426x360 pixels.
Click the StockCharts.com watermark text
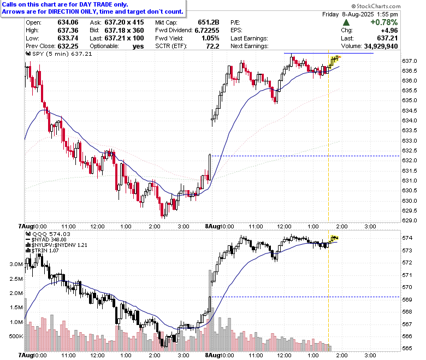pyautogui.click(x=376, y=6)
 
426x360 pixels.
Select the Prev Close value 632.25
pyautogui.click(x=68, y=46)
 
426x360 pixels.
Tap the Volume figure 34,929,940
pyautogui.click(x=381, y=46)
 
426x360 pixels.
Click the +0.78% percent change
pyautogui.click(x=384, y=22)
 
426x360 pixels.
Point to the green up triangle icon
pyautogui.click(x=346, y=22)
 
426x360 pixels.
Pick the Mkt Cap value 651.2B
pyautogui.click(x=209, y=22)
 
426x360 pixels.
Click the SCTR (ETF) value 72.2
pyautogui.click(x=212, y=46)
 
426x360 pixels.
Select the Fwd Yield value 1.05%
pyautogui.click(x=210, y=38)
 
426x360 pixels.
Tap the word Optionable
pyautogui.click(x=104, y=46)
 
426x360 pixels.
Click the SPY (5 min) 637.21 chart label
pyautogui.click(x=59, y=54)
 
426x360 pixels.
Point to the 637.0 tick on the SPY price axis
pyautogui.click(x=410, y=61)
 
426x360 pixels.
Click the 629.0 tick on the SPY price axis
pyautogui.click(x=410, y=220)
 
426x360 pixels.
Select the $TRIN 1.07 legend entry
pyautogui.click(x=42, y=251)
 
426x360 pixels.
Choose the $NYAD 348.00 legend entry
pyautogui.click(x=46, y=240)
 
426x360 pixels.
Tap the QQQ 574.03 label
pyautogui.click(x=48, y=234)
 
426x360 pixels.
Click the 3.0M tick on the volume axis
pyautogui.click(x=16, y=264)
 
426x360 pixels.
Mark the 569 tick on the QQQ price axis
pyautogui.click(x=407, y=300)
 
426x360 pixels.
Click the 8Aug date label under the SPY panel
pyautogui.click(x=212, y=226)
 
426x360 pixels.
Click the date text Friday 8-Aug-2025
pyautogui.click(x=348, y=14)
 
